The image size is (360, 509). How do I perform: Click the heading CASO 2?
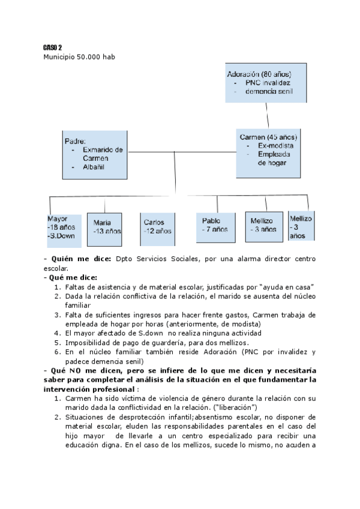click(52, 47)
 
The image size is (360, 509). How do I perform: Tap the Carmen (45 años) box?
click(268, 153)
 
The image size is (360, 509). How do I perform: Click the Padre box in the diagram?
click(95, 154)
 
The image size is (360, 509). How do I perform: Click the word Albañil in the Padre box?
click(94, 166)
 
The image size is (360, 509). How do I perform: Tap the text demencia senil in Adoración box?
click(268, 92)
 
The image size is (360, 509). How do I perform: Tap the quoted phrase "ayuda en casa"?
click(286, 287)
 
